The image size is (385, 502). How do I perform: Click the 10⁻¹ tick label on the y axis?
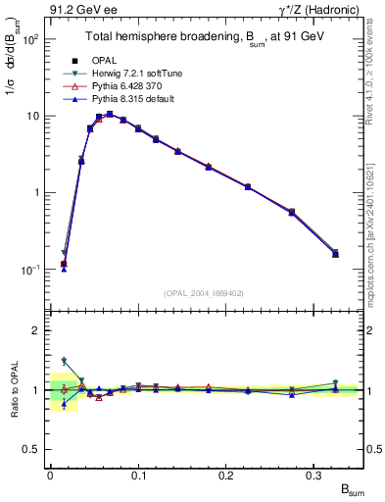tap(29, 269)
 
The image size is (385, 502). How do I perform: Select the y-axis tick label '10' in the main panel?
tap(31, 116)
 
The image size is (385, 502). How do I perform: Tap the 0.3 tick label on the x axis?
tap(313, 476)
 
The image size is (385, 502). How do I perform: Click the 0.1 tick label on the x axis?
tap(138, 476)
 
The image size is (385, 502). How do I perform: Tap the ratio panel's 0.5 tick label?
tap(31, 449)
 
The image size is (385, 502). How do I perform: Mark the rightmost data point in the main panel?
tap(335, 254)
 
